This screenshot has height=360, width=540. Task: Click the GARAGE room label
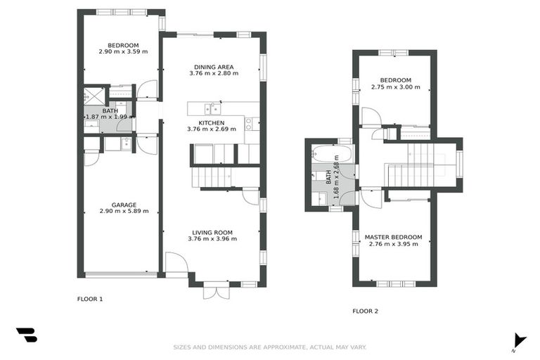coord(123,205)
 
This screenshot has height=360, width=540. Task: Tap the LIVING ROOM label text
coord(212,232)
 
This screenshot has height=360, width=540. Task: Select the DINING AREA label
coord(214,67)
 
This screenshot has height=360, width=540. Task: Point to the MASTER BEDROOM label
coord(393,237)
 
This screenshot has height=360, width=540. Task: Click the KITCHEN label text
coord(211,123)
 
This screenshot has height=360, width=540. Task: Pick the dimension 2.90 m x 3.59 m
coord(123,51)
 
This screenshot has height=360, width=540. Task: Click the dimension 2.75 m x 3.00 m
coord(395,87)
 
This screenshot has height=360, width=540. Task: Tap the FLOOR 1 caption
coord(90,299)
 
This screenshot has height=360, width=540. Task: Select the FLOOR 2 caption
coord(365,311)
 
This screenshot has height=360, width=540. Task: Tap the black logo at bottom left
coord(26,335)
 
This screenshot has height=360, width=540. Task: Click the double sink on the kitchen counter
coord(211,108)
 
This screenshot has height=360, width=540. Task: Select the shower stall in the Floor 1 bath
coord(94,95)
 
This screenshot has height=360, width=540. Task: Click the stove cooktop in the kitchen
coord(249,124)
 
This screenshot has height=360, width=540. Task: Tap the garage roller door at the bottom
coord(120,274)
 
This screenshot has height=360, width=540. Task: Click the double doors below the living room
coord(216,290)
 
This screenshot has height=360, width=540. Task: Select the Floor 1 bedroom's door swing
coord(147,90)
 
